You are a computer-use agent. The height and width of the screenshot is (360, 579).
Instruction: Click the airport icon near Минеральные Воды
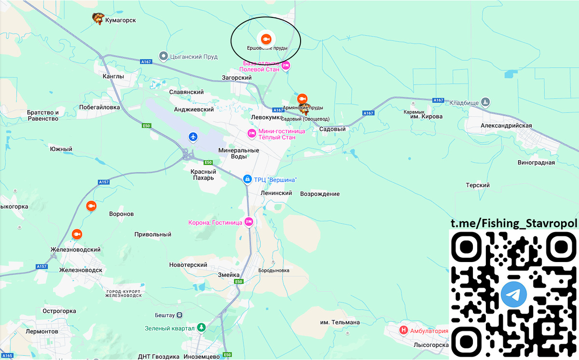pos(193,137)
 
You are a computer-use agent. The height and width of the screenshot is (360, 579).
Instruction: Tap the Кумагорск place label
pos(121,21)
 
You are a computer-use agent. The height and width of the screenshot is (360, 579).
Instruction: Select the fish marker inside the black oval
pos(265,39)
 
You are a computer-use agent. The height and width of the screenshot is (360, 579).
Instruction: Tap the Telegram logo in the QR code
pos(513,295)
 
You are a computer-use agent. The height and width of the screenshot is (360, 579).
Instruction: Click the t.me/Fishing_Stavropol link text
pos(514,223)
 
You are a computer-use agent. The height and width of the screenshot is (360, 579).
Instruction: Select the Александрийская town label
pos(506,126)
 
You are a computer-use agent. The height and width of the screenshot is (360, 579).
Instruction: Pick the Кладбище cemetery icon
pos(486,102)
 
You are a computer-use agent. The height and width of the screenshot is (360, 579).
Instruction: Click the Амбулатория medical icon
pos(404,331)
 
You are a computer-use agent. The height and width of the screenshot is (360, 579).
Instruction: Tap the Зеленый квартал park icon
pos(201,328)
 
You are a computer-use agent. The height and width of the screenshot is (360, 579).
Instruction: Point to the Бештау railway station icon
pos(179,315)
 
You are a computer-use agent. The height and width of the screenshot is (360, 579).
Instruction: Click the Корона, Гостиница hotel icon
pos(248,222)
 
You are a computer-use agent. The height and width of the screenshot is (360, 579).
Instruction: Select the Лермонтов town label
pos(42,332)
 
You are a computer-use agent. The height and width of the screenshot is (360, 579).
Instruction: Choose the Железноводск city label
pos(81,270)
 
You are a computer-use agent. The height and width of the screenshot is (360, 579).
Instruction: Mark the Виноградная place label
pos(537,163)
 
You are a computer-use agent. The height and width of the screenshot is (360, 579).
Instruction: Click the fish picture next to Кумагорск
pos(98,19)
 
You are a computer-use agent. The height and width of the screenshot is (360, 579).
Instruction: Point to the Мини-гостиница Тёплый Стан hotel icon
pos(251,133)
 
